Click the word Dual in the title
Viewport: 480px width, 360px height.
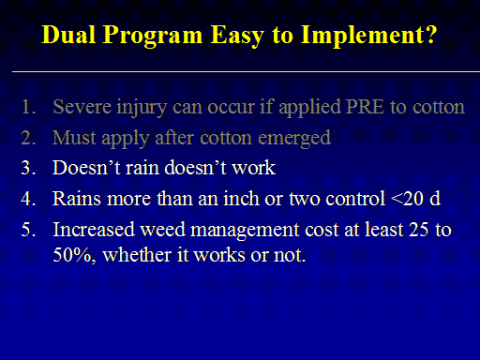pyautogui.click(x=68, y=35)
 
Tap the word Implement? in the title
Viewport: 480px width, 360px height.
pyautogui.click(x=368, y=37)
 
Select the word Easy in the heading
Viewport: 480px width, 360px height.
pyautogui.click(x=237, y=37)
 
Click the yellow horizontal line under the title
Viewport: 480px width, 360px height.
pyautogui.click(x=246, y=71)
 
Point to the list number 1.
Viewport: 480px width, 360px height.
pyautogui.click(x=28, y=107)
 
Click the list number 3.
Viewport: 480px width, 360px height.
pyautogui.click(x=28, y=168)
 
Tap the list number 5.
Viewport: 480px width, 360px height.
pyautogui.click(x=28, y=230)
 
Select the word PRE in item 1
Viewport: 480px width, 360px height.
pyautogui.click(x=366, y=107)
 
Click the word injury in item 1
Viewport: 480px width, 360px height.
pyautogui.click(x=142, y=108)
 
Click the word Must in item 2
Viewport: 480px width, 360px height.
pyautogui.click(x=74, y=138)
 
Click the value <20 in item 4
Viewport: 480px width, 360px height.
pyautogui.click(x=407, y=199)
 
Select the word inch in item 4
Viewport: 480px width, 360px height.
pyautogui.click(x=241, y=198)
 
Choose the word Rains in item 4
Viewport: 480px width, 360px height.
pyautogui.click(x=77, y=199)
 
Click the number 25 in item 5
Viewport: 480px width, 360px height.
pyautogui.click(x=418, y=230)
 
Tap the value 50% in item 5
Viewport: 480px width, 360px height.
pyautogui.click(x=74, y=255)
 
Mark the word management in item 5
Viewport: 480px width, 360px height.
pyautogui.click(x=245, y=232)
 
